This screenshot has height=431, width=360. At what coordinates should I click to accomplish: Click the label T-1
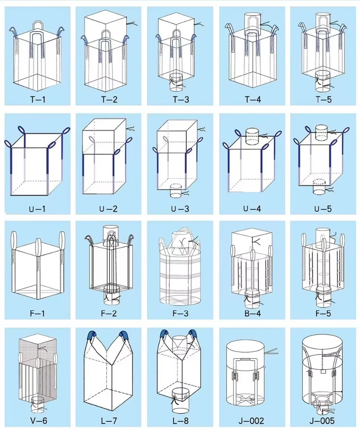click(38, 99)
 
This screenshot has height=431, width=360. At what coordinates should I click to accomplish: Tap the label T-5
click(323, 99)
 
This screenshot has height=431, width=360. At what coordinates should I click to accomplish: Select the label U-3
click(180, 209)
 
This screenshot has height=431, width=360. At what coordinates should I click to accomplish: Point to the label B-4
click(252, 313)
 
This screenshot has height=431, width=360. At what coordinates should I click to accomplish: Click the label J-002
click(251, 421)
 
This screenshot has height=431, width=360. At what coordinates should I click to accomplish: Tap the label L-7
click(109, 421)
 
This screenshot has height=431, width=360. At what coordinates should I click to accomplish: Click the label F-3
click(180, 313)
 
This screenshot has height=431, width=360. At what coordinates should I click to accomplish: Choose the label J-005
click(322, 421)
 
